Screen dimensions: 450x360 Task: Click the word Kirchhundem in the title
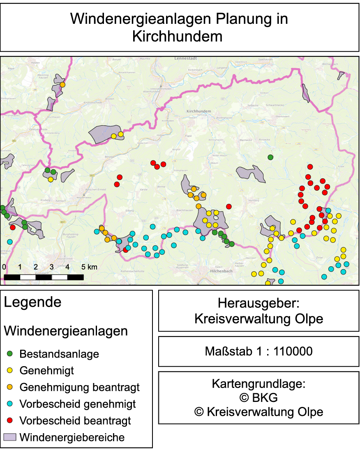point(177,36)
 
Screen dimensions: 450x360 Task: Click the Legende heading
point(32,302)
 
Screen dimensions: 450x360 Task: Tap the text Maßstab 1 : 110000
point(258,351)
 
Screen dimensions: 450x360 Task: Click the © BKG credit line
point(258,398)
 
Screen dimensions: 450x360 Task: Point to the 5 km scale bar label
point(90,267)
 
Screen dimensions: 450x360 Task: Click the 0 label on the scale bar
point(4,267)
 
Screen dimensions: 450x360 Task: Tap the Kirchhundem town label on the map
point(198,111)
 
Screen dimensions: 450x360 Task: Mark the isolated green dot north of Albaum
point(270,157)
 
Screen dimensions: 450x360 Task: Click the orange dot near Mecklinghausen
point(62,85)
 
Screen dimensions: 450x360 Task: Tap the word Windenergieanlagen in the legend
point(66,331)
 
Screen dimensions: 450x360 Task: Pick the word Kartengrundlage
point(258,384)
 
